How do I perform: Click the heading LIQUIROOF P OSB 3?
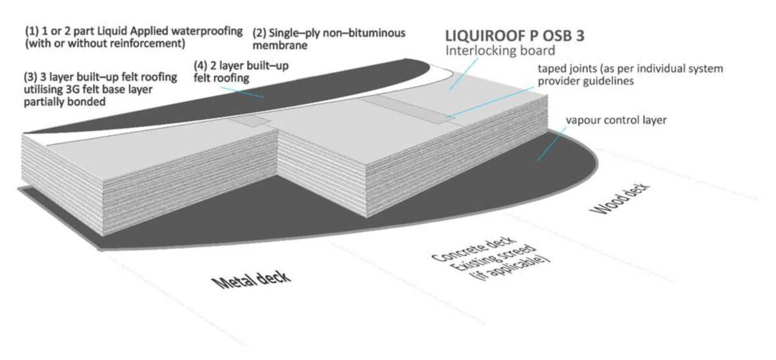pyautogui.click(x=515, y=36)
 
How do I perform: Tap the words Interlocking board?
pyautogui.click(x=500, y=51)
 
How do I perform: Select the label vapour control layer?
pyautogui.click(x=616, y=120)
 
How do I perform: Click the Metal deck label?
pyautogui.click(x=252, y=280)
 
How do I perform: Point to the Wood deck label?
pyautogui.click(x=620, y=199)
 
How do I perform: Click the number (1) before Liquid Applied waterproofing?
pyautogui.click(x=32, y=31)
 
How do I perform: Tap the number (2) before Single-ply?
pyautogui.click(x=259, y=33)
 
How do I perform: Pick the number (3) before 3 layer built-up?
pyautogui.click(x=30, y=77)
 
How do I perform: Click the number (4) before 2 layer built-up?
pyautogui.click(x=201, y=66)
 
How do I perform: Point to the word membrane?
pyautogui.click(x=279, y=45)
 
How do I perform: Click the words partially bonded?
pyautogui.click(x=64, y=101)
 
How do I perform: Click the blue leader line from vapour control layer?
pyautogui.click(x=551, y=143)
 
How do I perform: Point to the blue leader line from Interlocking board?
pyautogui.click(x=463, y=74)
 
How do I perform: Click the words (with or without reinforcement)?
pyautogui.click(x=105, y=43)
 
